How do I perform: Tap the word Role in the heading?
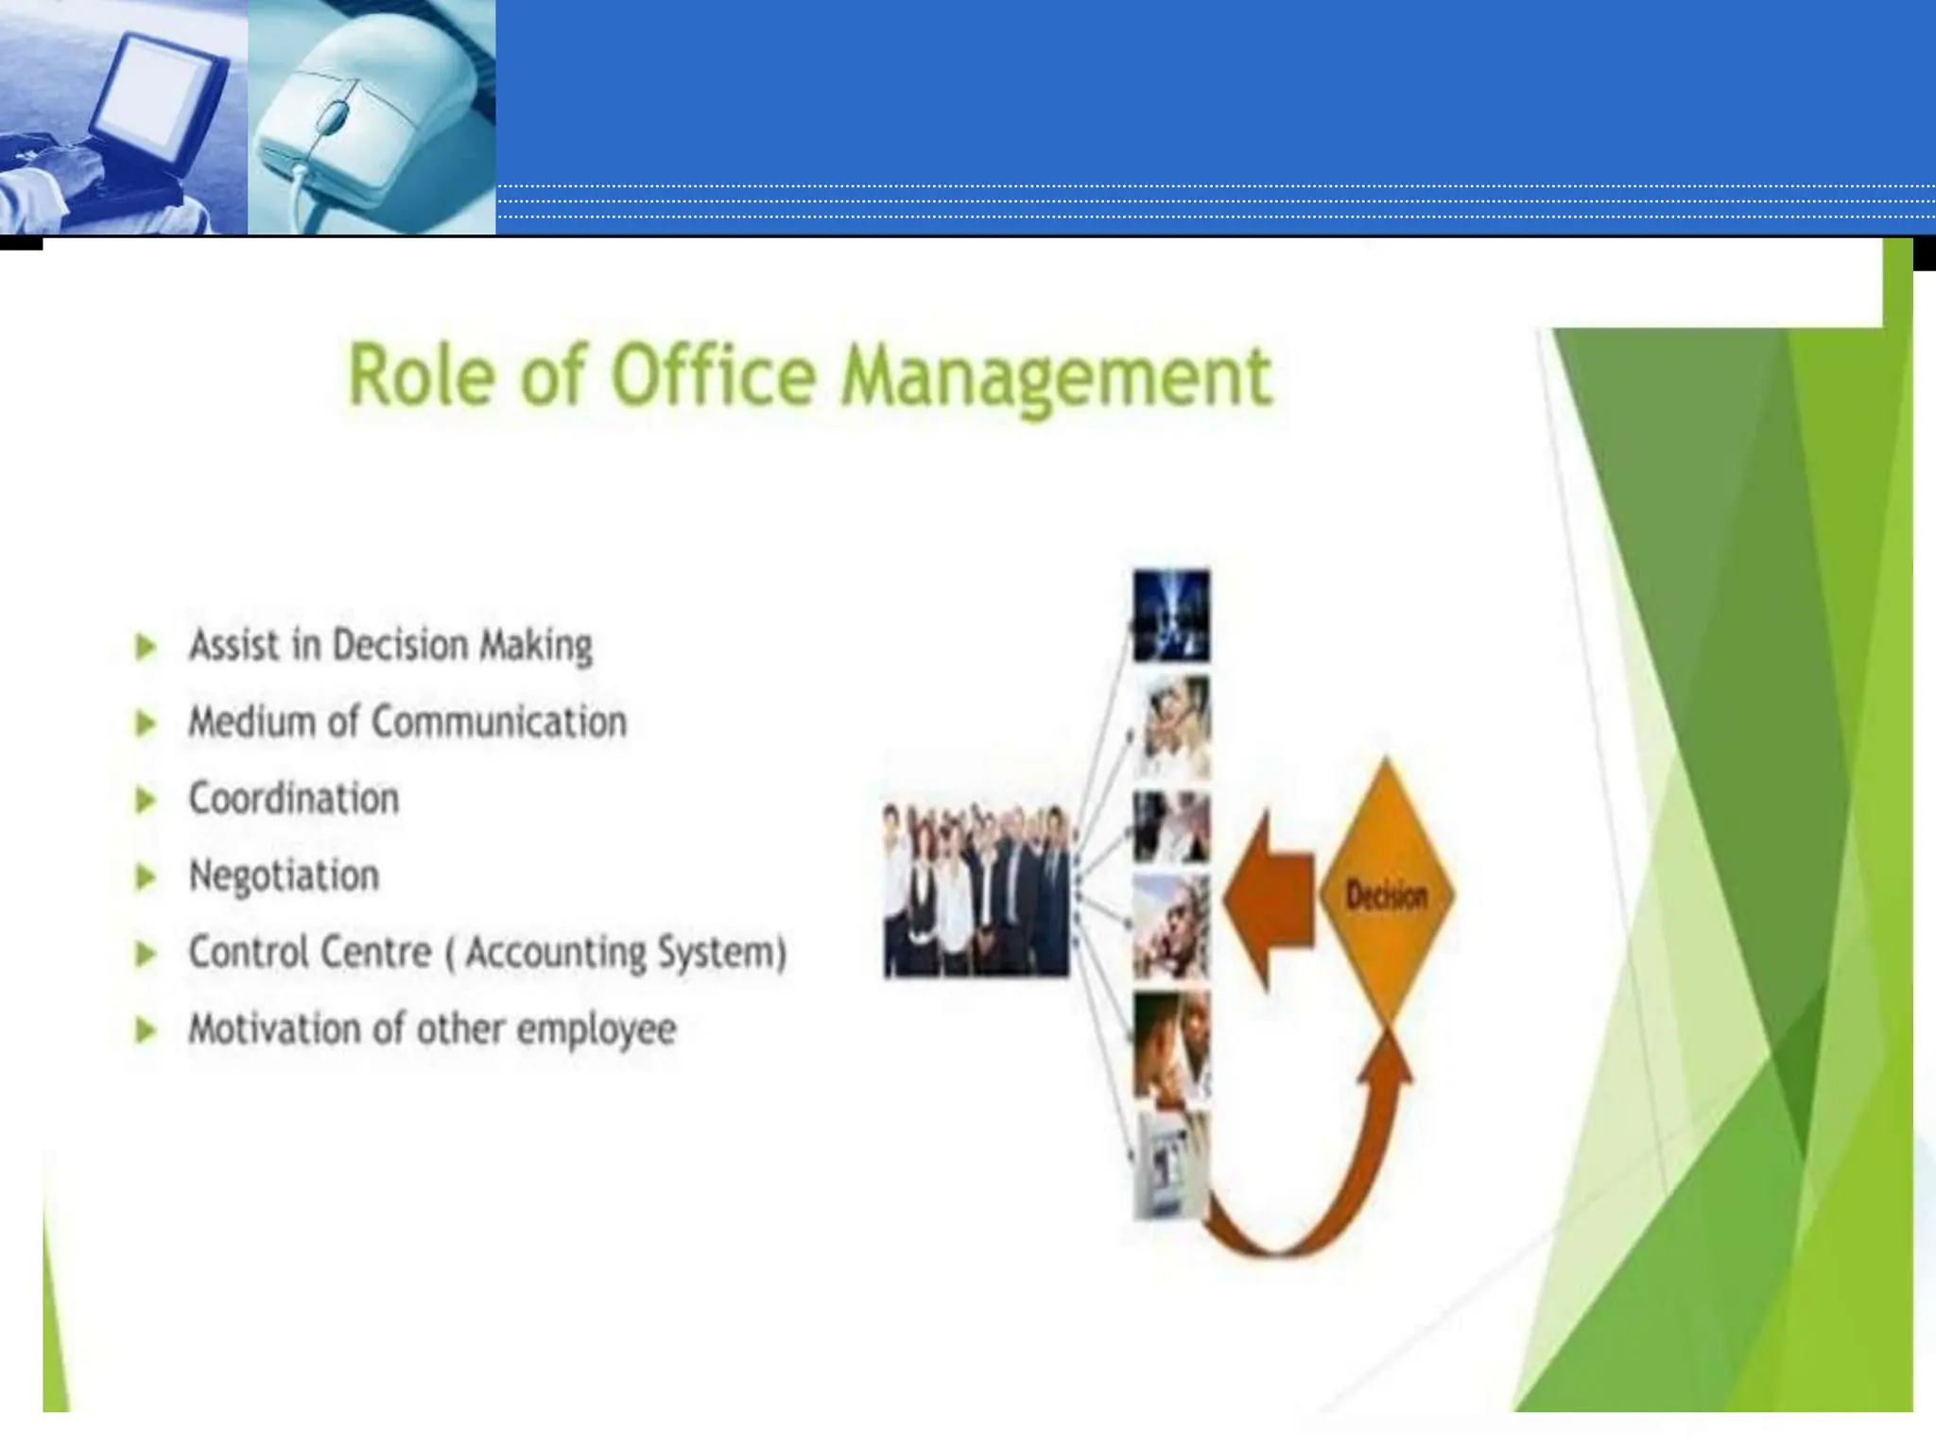click(x=423, y=375)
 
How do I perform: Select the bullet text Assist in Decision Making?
click(x=390, y=646)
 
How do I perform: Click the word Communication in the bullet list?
click(x=499, y=722)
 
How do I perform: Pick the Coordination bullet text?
click(x=294, y=799)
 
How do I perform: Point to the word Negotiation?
click(x=284, y=875)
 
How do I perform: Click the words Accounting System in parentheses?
click(x=625, y=952)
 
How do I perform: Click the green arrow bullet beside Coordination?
click(x=146, y=801)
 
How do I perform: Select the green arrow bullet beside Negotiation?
click(x=146, y=877)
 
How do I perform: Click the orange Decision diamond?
click(x=1386, y=893)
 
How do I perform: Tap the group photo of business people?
click(x=976, y=890)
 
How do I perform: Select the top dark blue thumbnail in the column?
click(x=1171, y=614)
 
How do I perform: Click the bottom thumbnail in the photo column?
click(x=1170, y=1165)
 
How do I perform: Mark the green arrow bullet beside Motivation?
click(x=146, y=1030)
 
